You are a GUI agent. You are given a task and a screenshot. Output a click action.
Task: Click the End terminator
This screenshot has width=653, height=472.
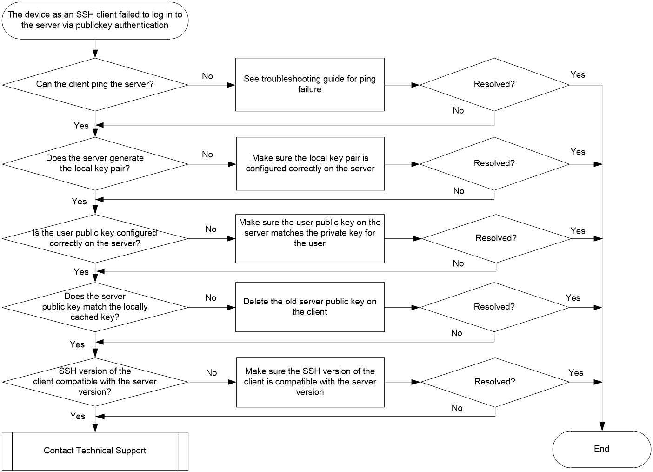602,449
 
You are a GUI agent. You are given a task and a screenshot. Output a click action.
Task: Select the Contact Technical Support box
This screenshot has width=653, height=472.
95,451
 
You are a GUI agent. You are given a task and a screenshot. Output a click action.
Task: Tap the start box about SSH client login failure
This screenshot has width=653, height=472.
95,20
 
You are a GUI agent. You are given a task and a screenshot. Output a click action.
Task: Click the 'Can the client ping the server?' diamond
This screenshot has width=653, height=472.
95,85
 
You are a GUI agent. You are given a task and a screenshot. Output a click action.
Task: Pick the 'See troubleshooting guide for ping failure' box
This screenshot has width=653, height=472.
310,85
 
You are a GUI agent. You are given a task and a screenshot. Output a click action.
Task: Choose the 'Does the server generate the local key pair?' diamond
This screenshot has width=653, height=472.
95,164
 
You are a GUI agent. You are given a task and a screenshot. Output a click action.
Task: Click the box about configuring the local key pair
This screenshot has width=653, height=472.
311,164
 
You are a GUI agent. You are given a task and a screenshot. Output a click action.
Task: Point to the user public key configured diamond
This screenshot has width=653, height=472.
95,239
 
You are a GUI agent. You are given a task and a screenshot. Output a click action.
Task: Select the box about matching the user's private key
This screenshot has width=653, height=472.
310,239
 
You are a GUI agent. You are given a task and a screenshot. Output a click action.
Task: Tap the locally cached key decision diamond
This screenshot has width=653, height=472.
95,307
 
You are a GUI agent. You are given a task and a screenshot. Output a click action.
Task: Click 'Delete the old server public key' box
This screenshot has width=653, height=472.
310,307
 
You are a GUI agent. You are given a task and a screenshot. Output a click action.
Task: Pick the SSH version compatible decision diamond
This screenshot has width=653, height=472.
95,382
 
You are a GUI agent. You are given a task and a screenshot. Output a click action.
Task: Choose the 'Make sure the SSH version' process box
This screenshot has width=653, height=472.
311,383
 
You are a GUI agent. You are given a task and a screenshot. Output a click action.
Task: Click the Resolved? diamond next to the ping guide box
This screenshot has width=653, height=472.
494,85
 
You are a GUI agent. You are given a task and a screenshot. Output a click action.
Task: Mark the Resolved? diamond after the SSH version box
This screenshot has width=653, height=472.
495,382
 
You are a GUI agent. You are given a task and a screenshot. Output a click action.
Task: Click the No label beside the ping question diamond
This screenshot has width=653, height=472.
207,76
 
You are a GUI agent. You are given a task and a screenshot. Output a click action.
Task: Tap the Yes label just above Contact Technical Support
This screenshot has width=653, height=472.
78,416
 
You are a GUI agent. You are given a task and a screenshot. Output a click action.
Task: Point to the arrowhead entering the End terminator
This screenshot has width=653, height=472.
602,426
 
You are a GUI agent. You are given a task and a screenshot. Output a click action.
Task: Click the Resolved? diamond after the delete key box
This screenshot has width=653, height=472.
494,307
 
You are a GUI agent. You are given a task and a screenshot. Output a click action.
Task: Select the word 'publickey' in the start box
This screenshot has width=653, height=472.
94,26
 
